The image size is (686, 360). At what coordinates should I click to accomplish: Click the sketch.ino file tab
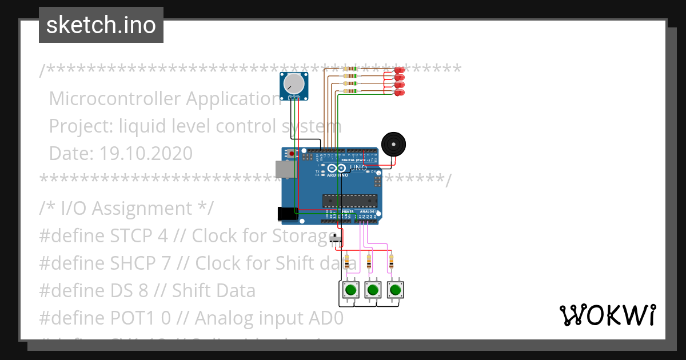(101, 25)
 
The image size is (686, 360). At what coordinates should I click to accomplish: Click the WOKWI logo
(607, 315)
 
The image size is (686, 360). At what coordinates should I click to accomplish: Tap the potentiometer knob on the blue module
(294, 84)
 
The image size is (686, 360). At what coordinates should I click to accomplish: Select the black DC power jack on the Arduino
(287, 214)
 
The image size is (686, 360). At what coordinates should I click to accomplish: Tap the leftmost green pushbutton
(350, 290)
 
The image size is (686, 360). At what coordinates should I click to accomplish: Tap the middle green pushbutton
(373, 290)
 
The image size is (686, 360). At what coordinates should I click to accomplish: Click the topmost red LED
(400, 70)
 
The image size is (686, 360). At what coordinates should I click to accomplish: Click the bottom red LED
(400, 92)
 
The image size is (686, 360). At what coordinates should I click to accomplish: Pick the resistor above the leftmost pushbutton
(347, 262)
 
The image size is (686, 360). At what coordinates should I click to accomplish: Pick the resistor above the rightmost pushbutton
(392, 262)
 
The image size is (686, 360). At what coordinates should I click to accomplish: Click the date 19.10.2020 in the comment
(146, 153)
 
